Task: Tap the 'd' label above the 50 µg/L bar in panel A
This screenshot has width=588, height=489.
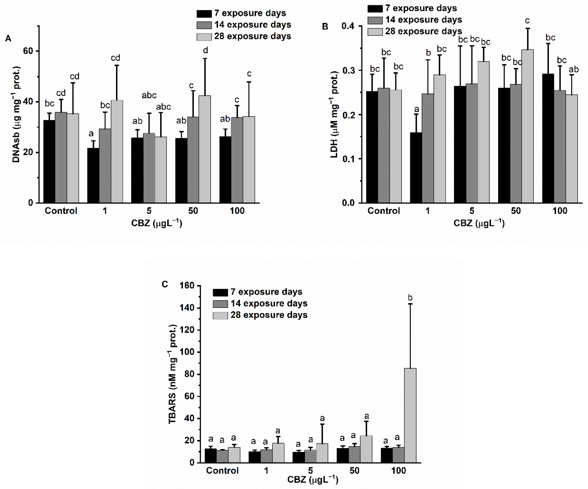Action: pyautogui.click(x=205, y=50)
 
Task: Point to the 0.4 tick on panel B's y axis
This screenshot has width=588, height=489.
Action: pyautogui.click(x=348, y=26)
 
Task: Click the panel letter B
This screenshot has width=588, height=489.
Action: pyautogui.click(x=325, y=27)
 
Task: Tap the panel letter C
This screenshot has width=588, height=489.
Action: pyautogui.click(x=165, y=284)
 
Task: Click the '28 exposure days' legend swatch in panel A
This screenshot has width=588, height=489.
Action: pyautogui.click(x=204, y=37)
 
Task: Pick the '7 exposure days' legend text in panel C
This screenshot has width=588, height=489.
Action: pyautogui.click(x=266, y=292)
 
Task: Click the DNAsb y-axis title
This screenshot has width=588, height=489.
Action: pyautogui.click(x=16, y=115)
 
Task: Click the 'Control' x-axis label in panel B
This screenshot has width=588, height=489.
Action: pyautogui.click(x=384, y=211)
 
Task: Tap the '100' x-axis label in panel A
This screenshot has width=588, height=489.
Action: pyautogui.click(x=237, y=211)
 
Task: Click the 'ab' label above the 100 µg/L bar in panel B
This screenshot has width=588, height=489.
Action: pyautogui.click(x=574, y=69)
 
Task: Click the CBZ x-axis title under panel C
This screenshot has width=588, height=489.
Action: pyautogui.click(x=313, y=480)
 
